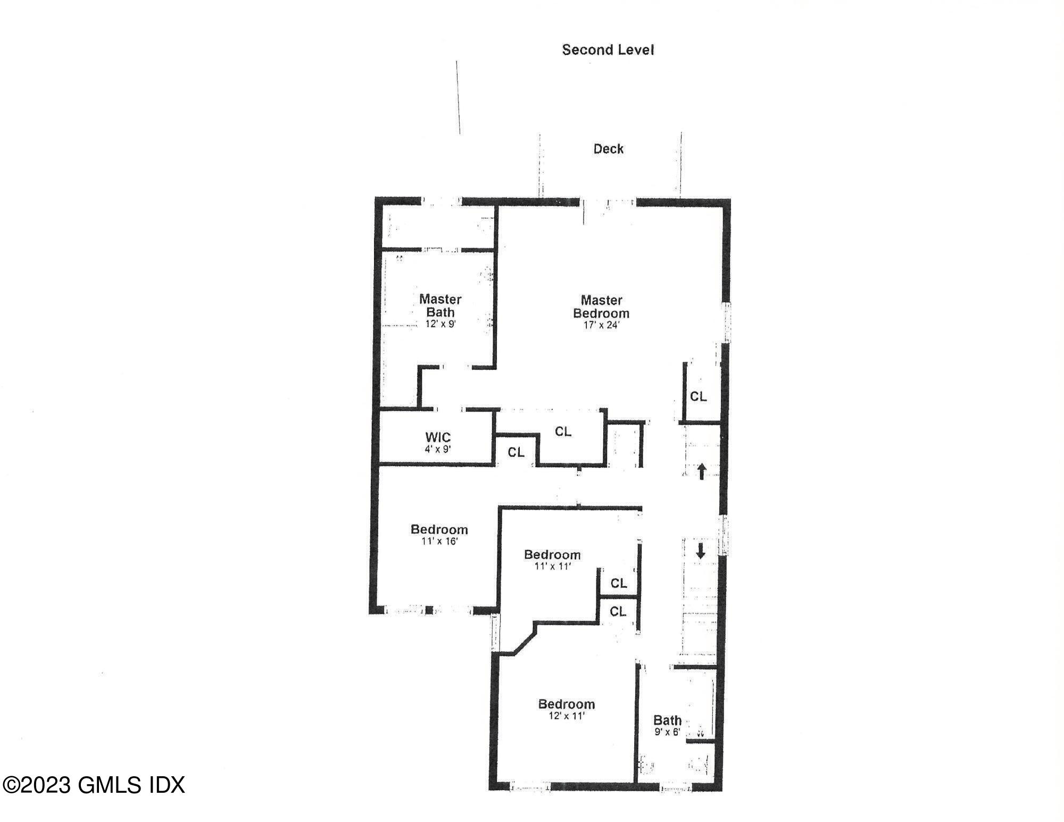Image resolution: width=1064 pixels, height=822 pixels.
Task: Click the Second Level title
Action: (x=608, y=50)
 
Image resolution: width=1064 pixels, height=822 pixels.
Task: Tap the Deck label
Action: (x=608, y=149)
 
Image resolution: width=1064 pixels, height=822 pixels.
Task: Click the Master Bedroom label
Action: (x=601, y=307)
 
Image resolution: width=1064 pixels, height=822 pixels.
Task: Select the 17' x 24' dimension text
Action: (x=601, y=325)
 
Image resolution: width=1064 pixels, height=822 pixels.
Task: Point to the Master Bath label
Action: (x=439, y=305)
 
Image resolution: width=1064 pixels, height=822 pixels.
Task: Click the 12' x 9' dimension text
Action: (x=440, y=323)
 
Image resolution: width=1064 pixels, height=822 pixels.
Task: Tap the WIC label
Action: (x=438, y=437)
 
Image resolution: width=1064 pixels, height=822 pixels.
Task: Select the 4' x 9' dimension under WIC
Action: (x=438, y=449)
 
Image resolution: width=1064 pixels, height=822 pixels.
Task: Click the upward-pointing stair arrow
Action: (x=701, y=471)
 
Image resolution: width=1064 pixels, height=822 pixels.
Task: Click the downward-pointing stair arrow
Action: (x=701, y=551)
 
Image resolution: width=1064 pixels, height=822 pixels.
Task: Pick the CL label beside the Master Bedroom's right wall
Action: (x=698, y=396)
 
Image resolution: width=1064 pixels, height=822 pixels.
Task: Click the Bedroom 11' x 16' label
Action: (x=439, y=529)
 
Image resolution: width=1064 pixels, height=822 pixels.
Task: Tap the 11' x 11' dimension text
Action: (x=552, y=567)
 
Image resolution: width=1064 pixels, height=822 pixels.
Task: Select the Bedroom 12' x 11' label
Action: (x=566, y=704)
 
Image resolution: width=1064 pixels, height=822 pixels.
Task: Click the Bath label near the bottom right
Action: (x=667, y=720)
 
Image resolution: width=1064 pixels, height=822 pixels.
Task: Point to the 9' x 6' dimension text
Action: (x=667, y=732)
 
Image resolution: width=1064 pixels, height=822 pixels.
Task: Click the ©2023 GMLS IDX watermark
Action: (x=94, y=785)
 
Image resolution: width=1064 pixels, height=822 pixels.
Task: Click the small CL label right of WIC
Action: (x=516, y=452)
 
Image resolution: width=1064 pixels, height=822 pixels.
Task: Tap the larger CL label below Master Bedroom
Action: (x=563, y=431)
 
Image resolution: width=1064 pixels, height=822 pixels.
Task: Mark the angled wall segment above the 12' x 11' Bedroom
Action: (x=524, y=642)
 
